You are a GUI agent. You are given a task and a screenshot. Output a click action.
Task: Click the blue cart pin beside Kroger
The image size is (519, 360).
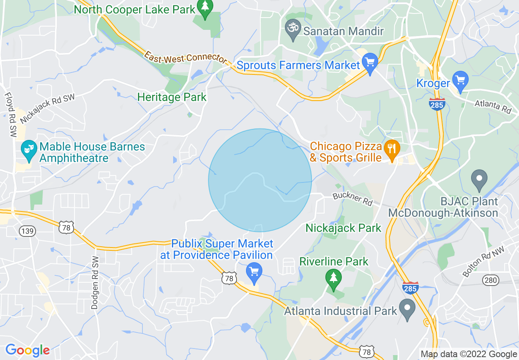(x=461, y=81)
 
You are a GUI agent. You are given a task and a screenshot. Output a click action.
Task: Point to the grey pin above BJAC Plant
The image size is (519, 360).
(x=479, y=180)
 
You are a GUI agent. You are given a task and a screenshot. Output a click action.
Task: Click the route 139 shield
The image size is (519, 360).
(x=27, y=231)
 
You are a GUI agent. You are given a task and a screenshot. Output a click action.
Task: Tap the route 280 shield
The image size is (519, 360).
(x=490, y=280)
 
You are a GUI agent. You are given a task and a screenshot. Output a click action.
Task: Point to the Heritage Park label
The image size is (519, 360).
(x=172, y=97)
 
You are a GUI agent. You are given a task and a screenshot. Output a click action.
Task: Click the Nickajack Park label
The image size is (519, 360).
(x=343, y=228)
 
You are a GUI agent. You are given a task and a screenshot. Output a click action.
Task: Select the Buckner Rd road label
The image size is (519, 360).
(x=353, y=199)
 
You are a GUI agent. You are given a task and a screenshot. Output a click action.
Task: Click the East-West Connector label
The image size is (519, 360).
(x=185, y=57)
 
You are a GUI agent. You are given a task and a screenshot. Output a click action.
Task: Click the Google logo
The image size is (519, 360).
(x=27, y=350)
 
